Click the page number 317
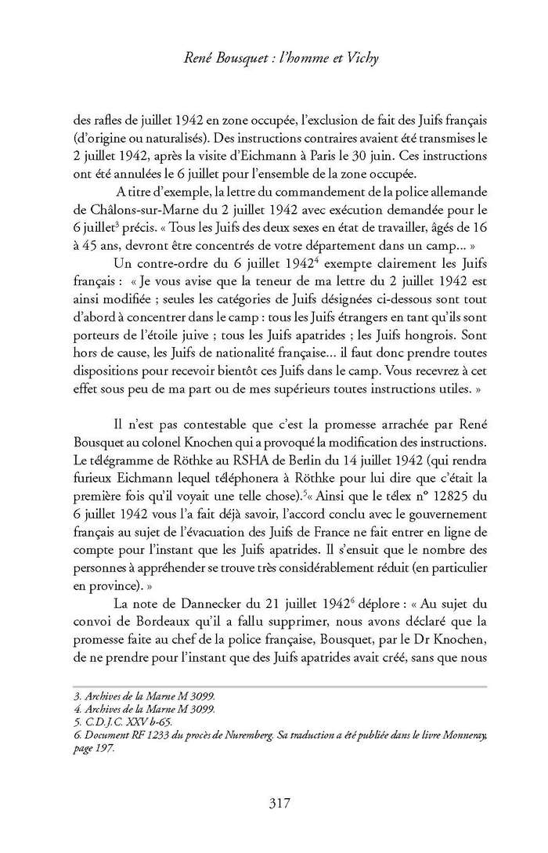pos(272,802)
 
